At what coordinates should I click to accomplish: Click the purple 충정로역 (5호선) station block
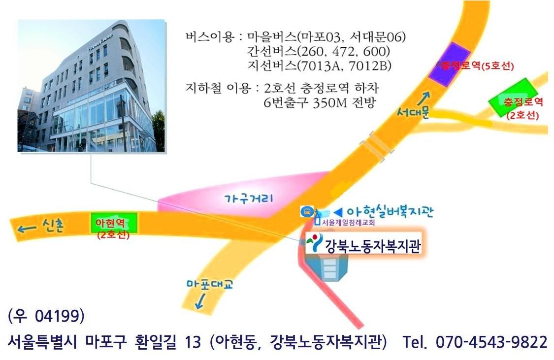[x=450, y=65]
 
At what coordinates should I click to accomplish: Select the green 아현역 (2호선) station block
[x=114, y=223]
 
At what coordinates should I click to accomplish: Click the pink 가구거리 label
[x=249, y=198]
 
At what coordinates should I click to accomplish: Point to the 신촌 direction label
[x=53, y=226]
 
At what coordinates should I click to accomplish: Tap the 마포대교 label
[x=210, y=284]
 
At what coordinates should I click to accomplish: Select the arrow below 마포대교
[x=200, y=301]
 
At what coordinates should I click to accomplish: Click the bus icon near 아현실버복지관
[x=306, y=212]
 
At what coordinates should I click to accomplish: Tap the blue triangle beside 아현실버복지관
[x=338, y=212]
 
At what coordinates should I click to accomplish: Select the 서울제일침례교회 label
[x=348, y=223]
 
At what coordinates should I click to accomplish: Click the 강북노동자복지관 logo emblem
[x=314, y=242]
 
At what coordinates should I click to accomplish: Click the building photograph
[x=91, y=86]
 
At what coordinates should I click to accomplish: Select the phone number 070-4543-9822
[x=491, y=342]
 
